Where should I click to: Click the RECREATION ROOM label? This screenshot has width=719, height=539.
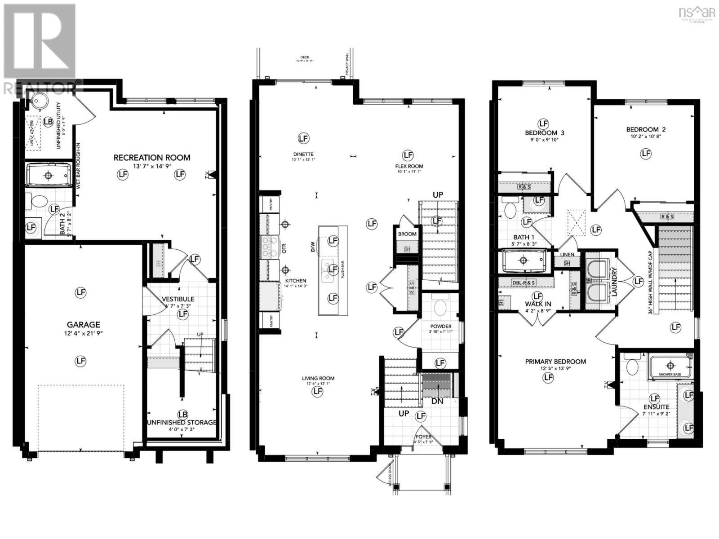coord(151,158)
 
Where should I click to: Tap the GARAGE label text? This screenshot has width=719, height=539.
coord(83,325)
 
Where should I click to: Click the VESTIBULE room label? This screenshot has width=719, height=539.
coord(178,299)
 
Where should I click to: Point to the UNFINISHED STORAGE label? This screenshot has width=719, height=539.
coord(182,423)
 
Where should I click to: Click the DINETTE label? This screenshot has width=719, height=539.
coord(303,154)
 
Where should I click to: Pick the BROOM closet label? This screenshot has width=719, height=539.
coord(407,234)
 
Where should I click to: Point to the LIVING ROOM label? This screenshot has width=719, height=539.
coord(318,378)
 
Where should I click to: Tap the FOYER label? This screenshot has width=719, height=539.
coord(423,437)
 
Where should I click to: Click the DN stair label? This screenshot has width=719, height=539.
coord(437,401)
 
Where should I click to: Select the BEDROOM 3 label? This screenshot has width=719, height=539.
coord(545,133)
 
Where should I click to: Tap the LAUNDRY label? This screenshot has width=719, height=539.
coord(614,282)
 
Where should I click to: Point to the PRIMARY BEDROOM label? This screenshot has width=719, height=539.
coord(555,362)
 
